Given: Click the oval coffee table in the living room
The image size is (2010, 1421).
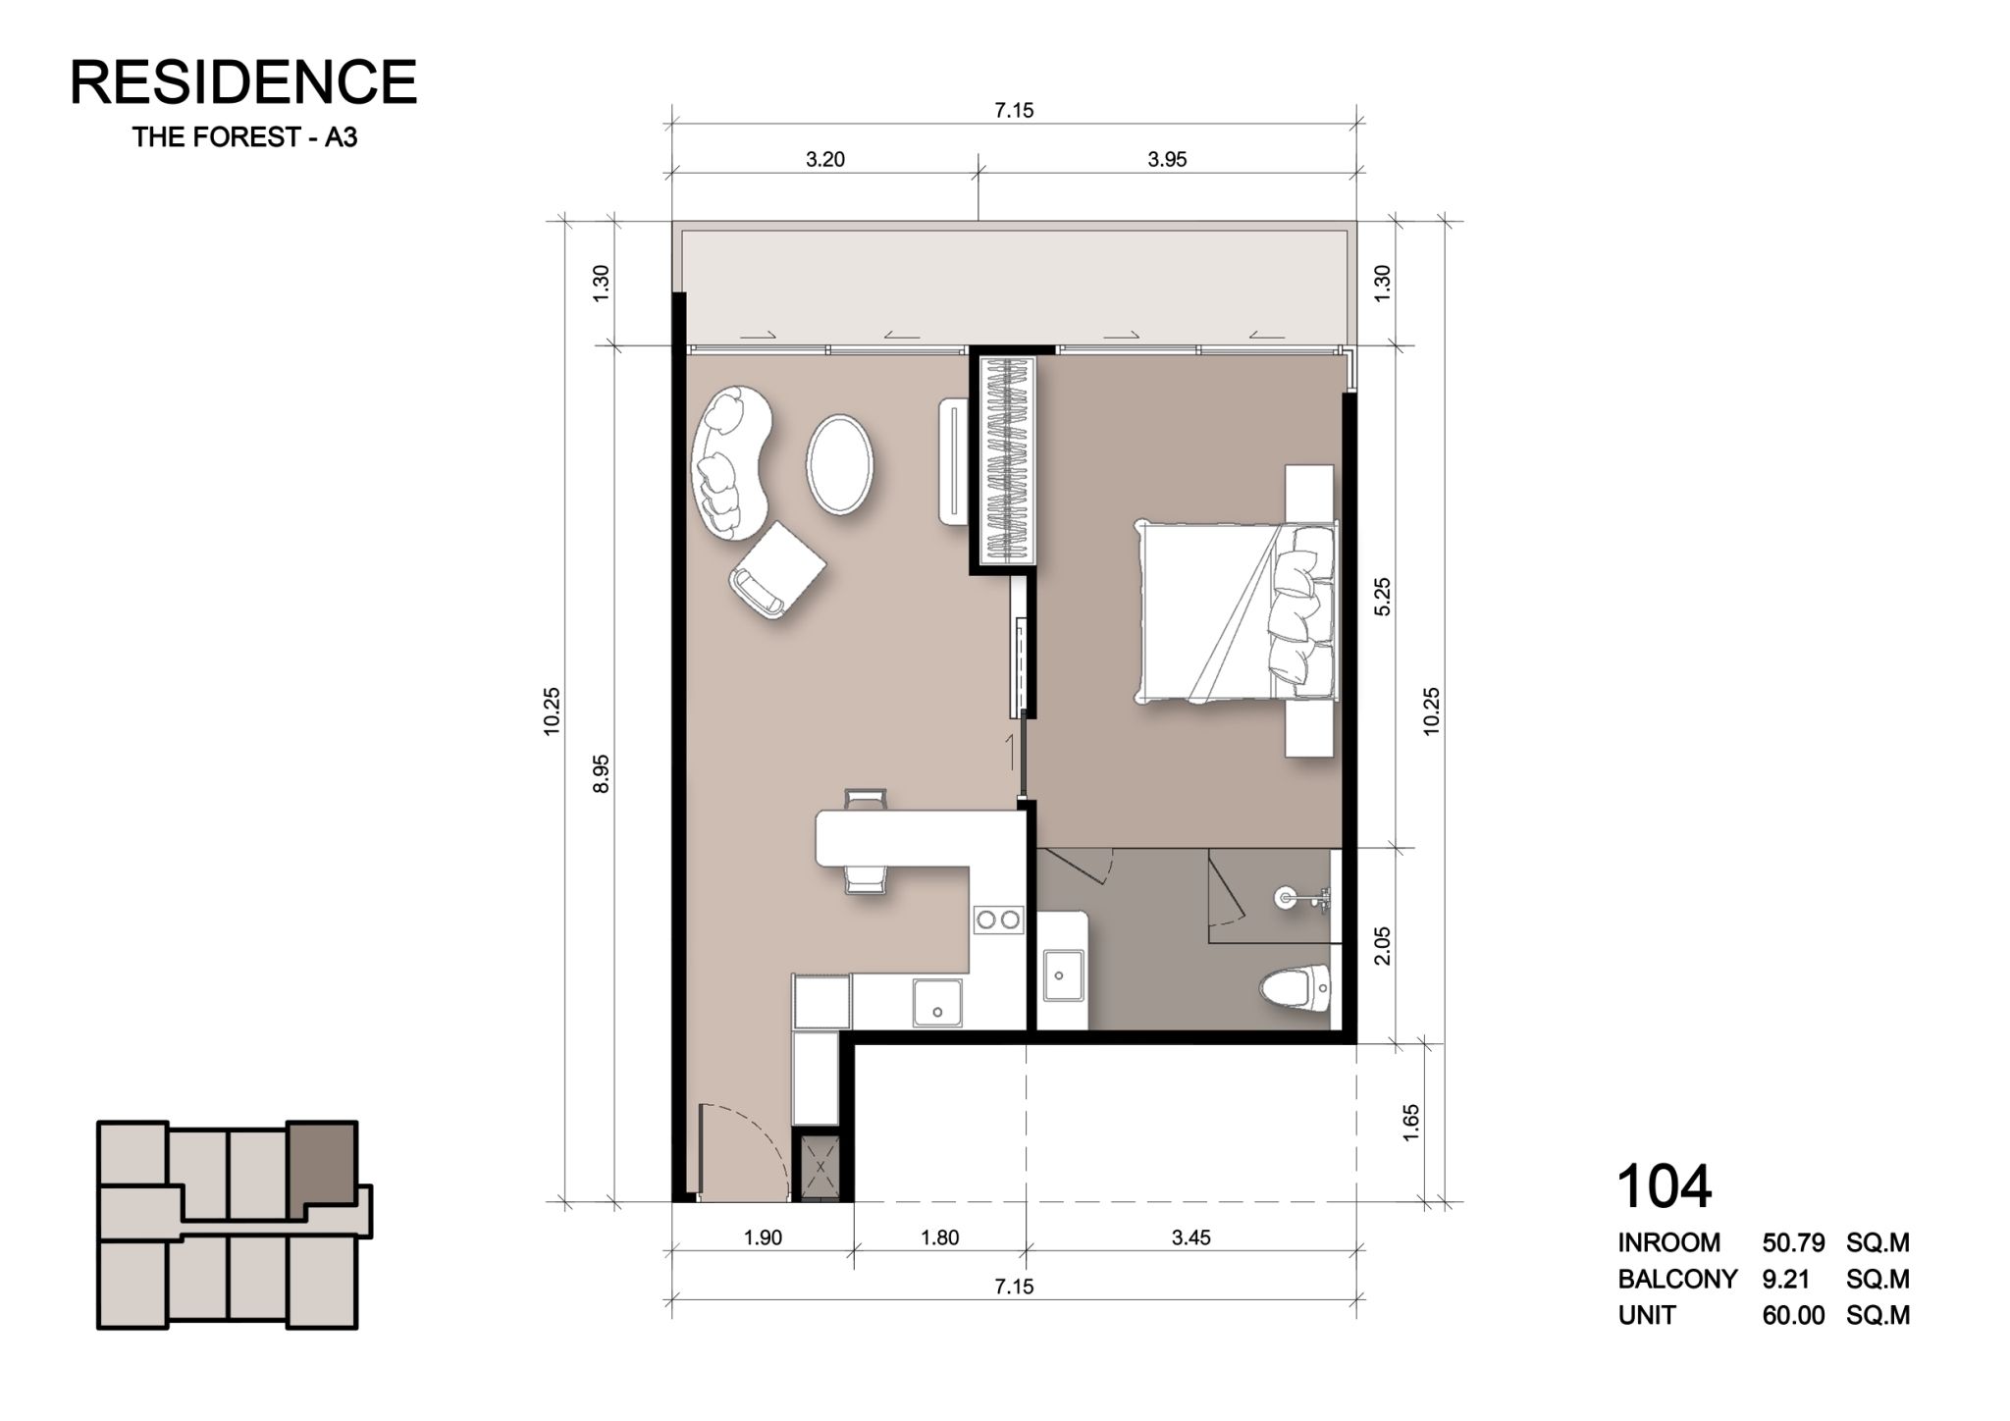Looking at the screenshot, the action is click(839, 464).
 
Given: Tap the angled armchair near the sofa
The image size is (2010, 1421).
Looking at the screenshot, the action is click(776, 569).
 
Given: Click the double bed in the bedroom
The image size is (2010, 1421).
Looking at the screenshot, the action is click(1236, 611).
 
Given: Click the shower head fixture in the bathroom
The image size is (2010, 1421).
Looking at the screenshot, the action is click(1301, 897).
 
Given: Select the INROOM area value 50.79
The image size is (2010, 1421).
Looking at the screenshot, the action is click(1793, 1242).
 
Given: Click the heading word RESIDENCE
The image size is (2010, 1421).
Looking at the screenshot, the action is click(243, 81).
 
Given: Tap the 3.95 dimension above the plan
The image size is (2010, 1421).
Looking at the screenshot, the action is click(1167, 159).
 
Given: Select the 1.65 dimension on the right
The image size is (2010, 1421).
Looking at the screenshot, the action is click(1411, 1123).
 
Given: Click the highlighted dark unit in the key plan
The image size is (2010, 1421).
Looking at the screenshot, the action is click(322, 1163).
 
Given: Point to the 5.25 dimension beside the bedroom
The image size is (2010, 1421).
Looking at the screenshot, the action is click(1383, 596).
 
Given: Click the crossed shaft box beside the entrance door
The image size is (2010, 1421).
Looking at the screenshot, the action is click(821, 1166).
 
